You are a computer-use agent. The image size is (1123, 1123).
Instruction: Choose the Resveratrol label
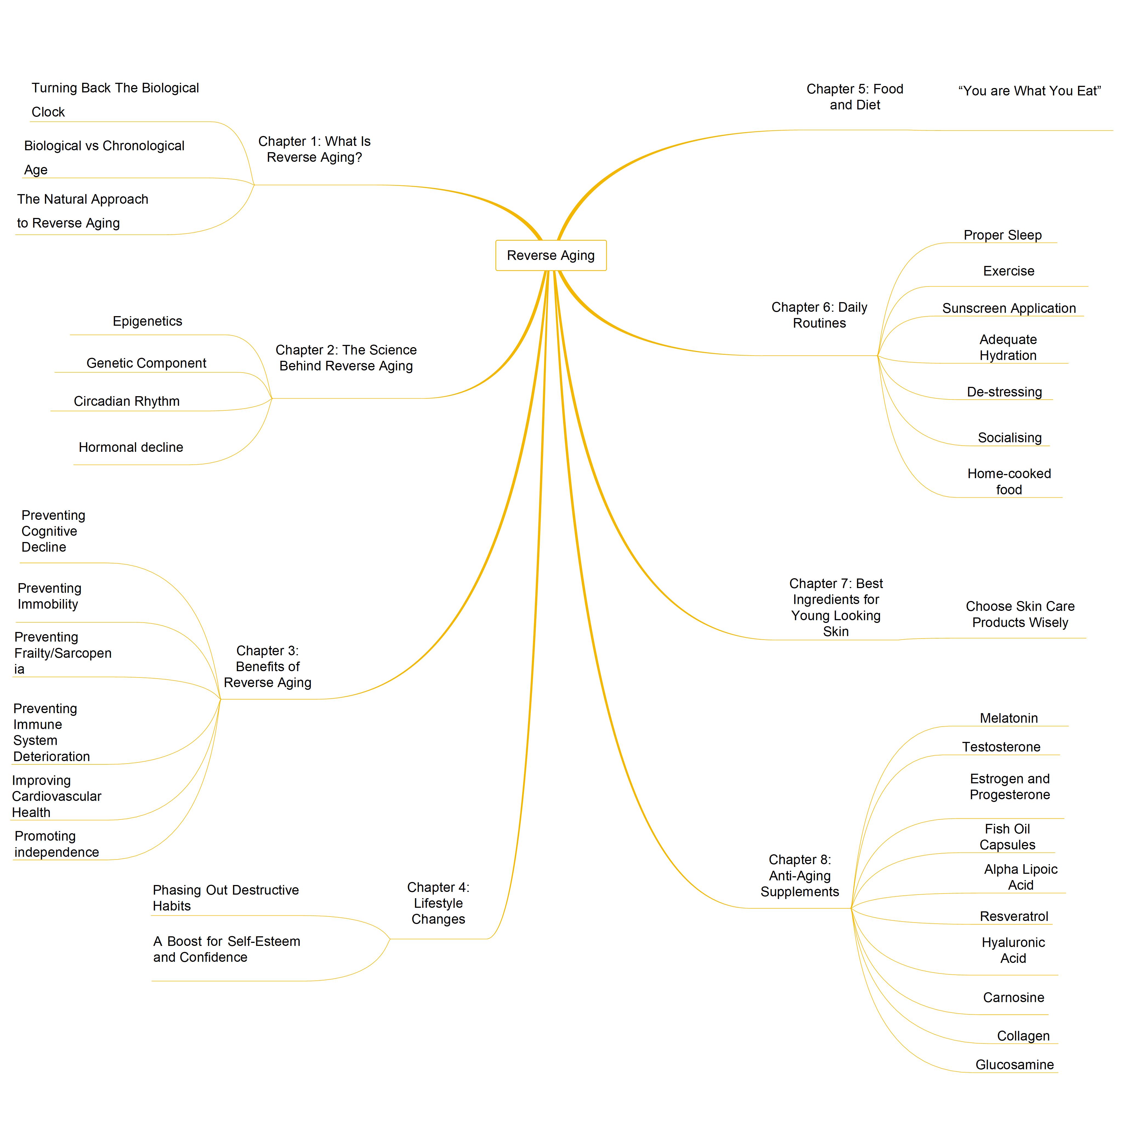1014,917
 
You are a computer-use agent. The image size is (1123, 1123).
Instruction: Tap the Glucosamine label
1014,1065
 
